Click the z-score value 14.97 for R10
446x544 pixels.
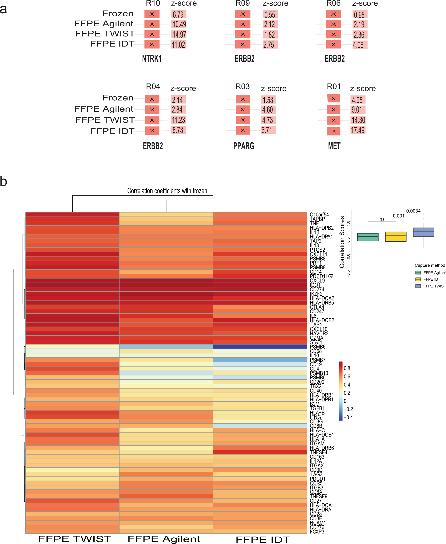click(x=179, y=34)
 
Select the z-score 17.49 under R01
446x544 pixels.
click(x=358, y=130)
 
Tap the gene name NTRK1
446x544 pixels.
click(x=152, y=59)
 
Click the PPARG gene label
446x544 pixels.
click(x=244, y=146)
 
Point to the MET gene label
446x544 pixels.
click(x=334, y=146)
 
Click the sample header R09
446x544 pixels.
click(x=242, y=3)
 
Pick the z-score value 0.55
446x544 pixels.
click(x=270, y=15)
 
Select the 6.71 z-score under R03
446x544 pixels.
click(x=267, y=130)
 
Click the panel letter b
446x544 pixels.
click(x=4, y=182)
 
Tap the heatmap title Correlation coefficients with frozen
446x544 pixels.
click(x=167, y=191)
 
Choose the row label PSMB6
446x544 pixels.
click(x=318, y=347)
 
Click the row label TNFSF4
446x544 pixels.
click(x=318, y=452)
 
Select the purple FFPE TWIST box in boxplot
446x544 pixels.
click(x=423, y=232)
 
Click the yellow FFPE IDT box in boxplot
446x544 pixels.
click(x=396, y=236)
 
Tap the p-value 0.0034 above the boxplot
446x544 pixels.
click(x=413, y=211)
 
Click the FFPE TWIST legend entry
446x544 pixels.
click(x=434, y=286)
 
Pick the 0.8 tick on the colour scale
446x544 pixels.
click(x=347, y=368)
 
